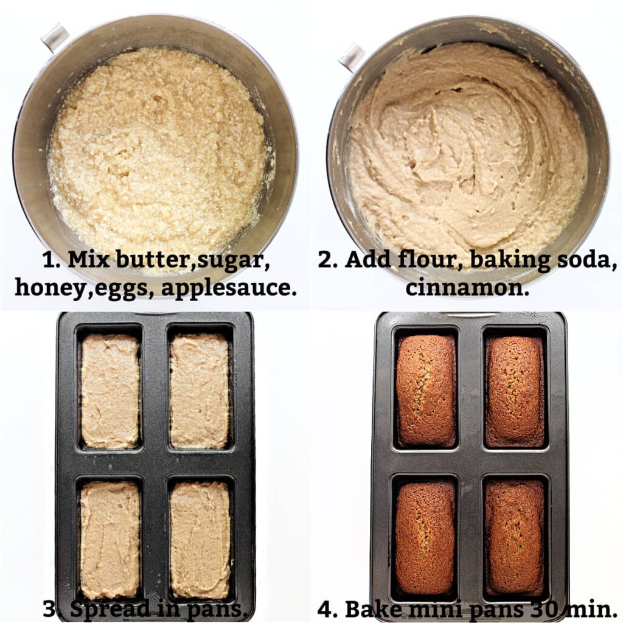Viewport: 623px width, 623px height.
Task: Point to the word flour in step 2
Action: [x=432, y=260]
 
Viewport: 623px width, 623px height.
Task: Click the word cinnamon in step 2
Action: [x=467, y=287]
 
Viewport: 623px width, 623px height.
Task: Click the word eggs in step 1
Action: [x=125, y=287]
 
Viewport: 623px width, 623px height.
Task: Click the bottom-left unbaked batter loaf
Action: [x=110, y=539]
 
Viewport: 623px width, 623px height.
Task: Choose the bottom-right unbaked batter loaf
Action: [x=200, y=539]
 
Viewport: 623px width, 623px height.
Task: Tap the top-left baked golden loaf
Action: [x=426, y=390]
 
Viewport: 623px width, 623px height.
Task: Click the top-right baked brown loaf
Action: [x=514, y=390]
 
